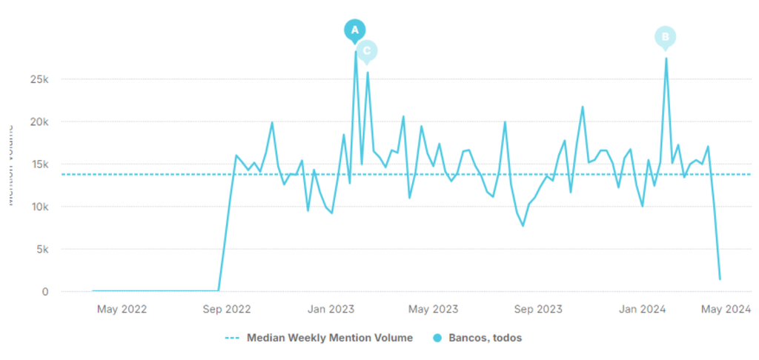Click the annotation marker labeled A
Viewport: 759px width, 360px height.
[354, 30]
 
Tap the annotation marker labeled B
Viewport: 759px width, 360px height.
[665, 37]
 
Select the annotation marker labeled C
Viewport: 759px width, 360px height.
[366, 51]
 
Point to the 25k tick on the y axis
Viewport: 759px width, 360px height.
[39, 79]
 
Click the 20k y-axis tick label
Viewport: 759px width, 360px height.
[39, 121]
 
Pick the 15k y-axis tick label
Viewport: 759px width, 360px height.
[39, 164]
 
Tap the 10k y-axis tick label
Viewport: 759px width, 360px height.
[39, 207]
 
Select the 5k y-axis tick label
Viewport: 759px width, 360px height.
[42, 250]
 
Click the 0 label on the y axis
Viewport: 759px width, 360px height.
[45, 292]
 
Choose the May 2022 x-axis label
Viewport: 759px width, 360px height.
[122, 309]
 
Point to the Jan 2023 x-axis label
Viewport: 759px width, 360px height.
[331, 309]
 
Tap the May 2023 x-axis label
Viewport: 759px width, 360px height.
[434, 309]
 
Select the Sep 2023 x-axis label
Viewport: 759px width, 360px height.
[539, 309]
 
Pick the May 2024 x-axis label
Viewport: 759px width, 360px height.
[726, 309]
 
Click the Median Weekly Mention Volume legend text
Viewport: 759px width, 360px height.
[329, 338]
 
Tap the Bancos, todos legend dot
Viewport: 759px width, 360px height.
[437, 338]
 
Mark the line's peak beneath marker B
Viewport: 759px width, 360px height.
[666, 59]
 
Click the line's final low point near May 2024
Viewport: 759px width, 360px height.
[720, 279]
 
